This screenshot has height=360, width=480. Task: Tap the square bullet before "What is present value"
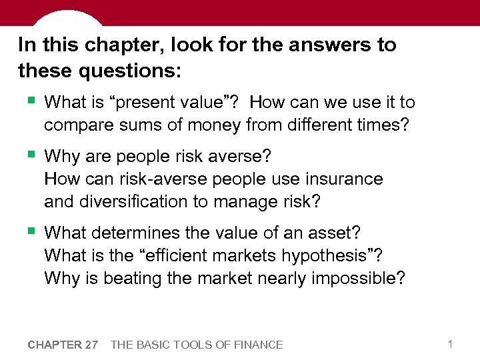pyautogui.click(x=31, y=101)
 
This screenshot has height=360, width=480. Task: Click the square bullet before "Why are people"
pyautogui.click(x=31, y=155)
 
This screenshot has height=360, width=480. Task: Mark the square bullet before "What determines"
pyautogui.click(x=31, y=232)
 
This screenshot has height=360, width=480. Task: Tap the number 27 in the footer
pyautogui.click(x=91, y=345)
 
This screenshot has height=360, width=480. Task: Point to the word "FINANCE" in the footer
pyautogui.click(x=257, y=345)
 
